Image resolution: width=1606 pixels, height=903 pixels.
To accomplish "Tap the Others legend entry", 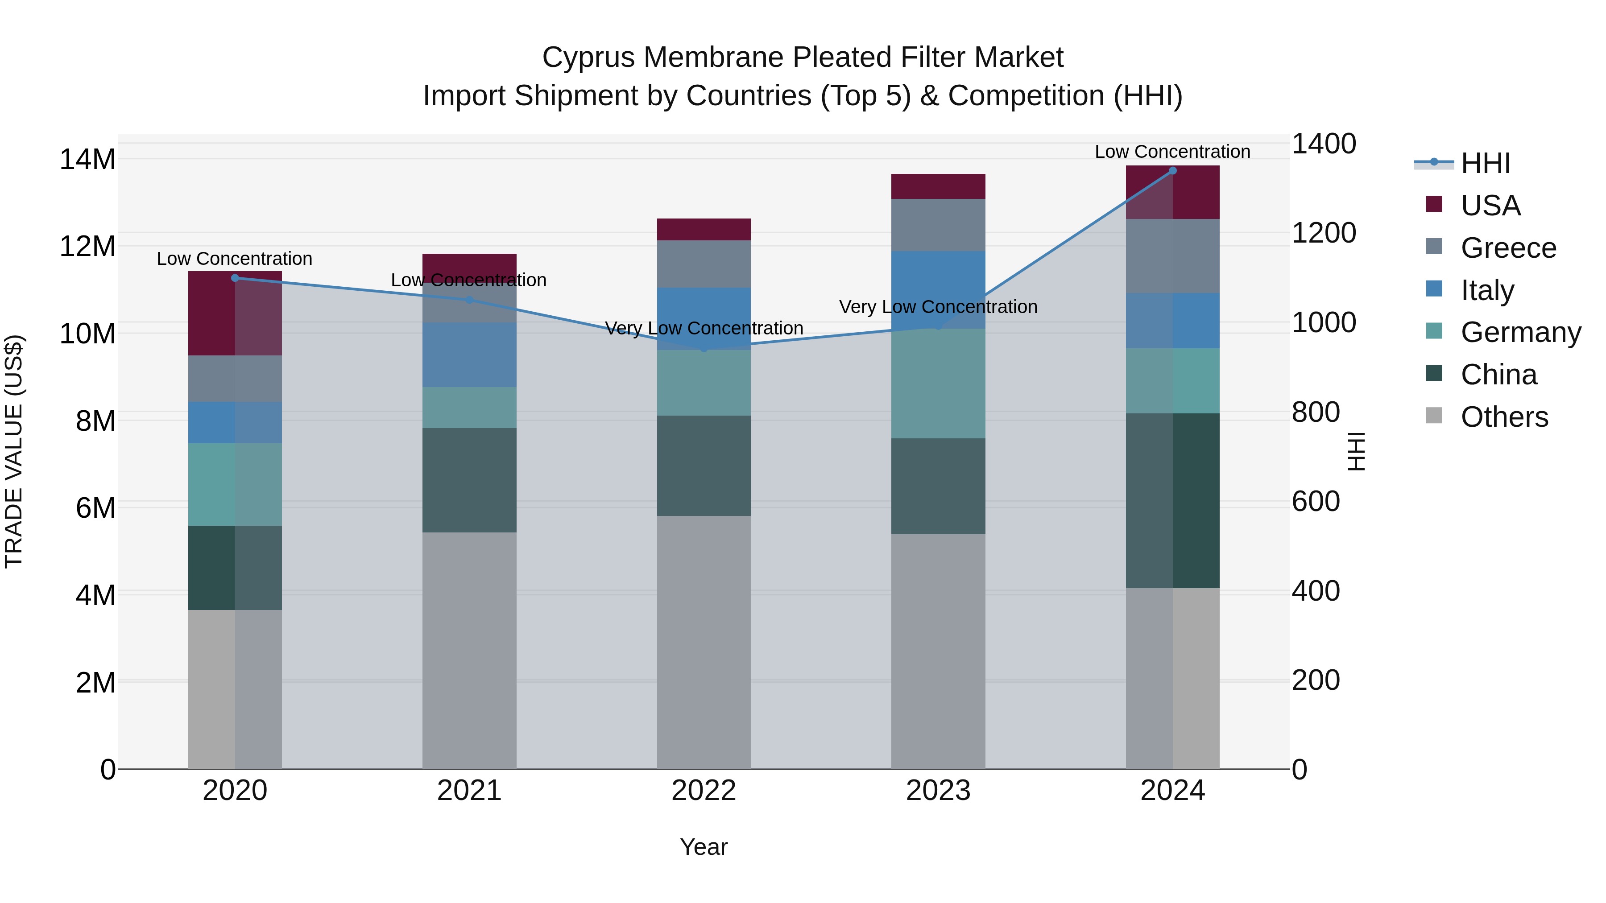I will pos(1504,417).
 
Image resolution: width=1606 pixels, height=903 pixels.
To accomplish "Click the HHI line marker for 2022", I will pos(704,348).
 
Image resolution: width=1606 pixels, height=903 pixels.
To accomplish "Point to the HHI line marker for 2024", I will pos(1172,171).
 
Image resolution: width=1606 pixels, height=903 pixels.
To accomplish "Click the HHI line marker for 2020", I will pos(235,278).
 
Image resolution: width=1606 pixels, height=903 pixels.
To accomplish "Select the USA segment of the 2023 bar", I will pos(938,186).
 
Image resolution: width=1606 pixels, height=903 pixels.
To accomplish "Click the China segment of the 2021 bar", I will pos(469,480).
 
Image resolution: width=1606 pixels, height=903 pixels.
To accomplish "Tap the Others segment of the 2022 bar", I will pos(703,642).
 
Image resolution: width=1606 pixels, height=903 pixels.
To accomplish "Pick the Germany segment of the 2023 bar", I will pos(938,383).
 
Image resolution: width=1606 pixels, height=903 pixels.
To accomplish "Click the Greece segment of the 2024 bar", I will pos(1172,256).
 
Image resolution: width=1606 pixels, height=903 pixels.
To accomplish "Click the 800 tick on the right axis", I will pos(1316,412).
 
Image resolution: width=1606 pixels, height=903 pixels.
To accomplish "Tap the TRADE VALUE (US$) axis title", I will pos(14,451).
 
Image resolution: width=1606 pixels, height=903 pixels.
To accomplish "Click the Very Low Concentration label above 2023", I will pos(938,307).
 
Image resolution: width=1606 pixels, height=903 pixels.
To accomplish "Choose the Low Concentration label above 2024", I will pos(1172,152).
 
